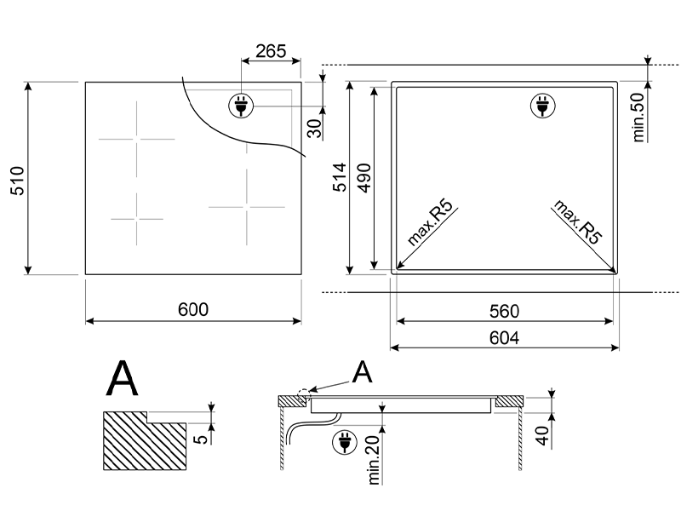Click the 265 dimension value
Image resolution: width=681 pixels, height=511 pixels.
coord(271,51)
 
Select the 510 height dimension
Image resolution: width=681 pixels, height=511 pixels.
coord(18,179)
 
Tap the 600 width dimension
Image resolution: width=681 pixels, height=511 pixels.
coord(194,310)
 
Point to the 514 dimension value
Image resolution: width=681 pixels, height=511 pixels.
coord(338,178)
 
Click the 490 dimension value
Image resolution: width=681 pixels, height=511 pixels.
coord(363,178)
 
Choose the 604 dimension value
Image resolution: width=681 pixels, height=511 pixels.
coord(504,337)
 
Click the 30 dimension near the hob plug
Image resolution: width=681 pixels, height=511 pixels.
coord(314,128)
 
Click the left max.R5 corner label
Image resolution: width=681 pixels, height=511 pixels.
coord(431,224)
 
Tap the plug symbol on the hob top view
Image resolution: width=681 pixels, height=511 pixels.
coord(240,106)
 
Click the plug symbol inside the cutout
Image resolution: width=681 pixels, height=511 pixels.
coord(541,106)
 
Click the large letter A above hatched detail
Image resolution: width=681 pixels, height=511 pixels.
coord(122,380)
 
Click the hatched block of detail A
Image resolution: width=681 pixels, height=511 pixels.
coord(143,440)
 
